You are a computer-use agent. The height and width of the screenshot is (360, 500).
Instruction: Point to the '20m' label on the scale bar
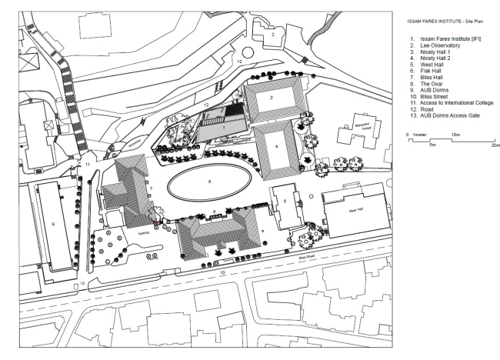pos(495,144)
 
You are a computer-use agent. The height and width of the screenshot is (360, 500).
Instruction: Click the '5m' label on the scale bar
pos(432,144)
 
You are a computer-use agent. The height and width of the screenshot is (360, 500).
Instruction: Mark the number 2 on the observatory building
pos(272,35)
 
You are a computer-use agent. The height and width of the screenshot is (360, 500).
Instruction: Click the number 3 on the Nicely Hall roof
pos(271,98)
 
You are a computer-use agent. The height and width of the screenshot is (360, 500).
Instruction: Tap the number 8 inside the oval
pos(208,182)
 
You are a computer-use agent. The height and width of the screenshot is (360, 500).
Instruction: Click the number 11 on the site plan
pos(88,165)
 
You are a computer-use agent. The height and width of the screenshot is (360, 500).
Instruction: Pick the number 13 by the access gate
pos(82,283)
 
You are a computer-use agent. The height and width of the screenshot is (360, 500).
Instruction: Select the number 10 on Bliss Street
pos(222,272)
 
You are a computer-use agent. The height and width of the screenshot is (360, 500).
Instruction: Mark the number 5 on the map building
pos(284,202)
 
